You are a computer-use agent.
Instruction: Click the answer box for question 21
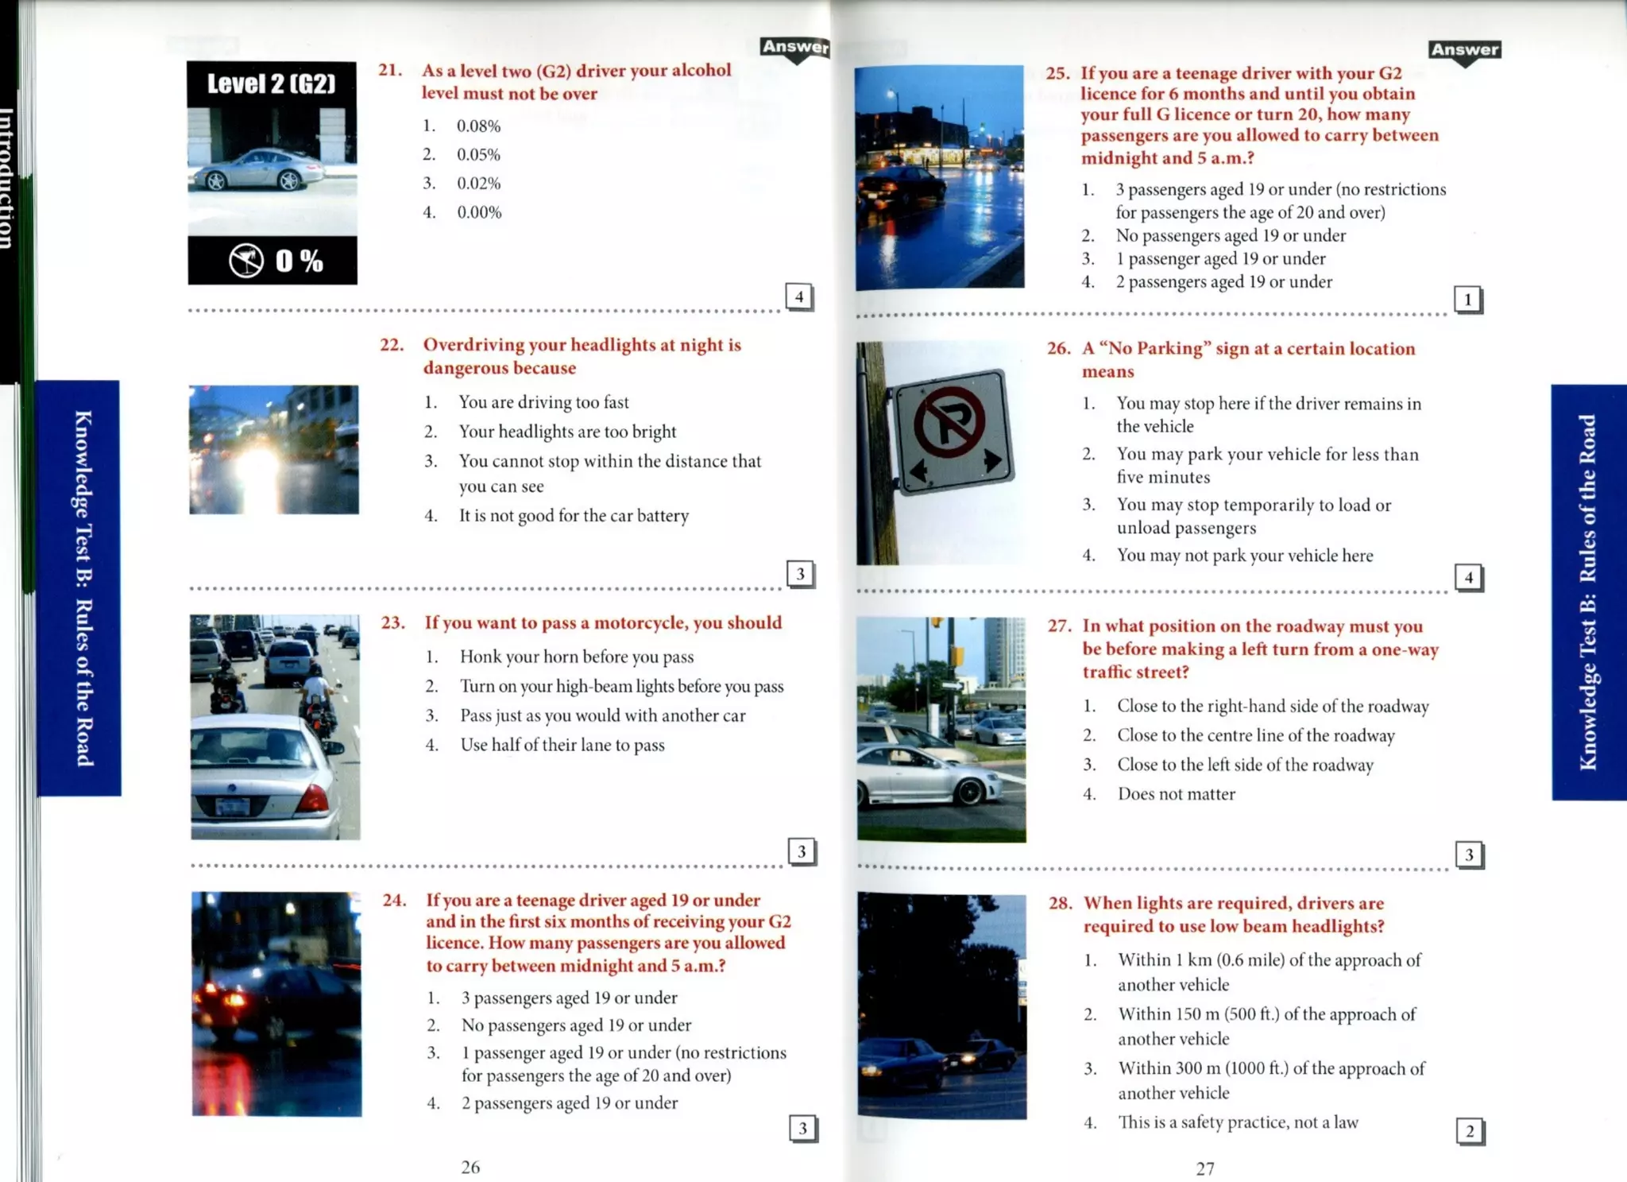(x=799, y=296)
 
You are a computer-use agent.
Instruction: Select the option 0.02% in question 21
(x=478, y=184)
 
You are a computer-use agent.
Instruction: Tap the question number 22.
(x=392, y=345)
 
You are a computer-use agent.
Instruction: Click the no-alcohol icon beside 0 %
(x=246, y=260)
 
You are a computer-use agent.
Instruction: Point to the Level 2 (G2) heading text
(x=272, y=83)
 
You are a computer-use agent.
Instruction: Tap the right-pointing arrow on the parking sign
(x=991, y=459)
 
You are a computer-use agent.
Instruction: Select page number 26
(x=470, y=1167)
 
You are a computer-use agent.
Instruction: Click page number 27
(x=1205, y=1168)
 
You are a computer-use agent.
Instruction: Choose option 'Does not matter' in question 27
(x=1176, y=794)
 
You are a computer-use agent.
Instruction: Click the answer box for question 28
(x=1470, y=1131)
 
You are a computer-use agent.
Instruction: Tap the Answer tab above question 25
(x=1465, y=50)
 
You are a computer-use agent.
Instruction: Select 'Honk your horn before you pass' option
(x=576, y=657)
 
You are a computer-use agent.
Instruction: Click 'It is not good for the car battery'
(x=574, y=516)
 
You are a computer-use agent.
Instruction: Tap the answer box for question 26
(x=1468, y=577)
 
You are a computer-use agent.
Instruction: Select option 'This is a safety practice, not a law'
(x=1238, y=1122)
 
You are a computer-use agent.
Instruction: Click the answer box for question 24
(x=802, y=1128)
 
